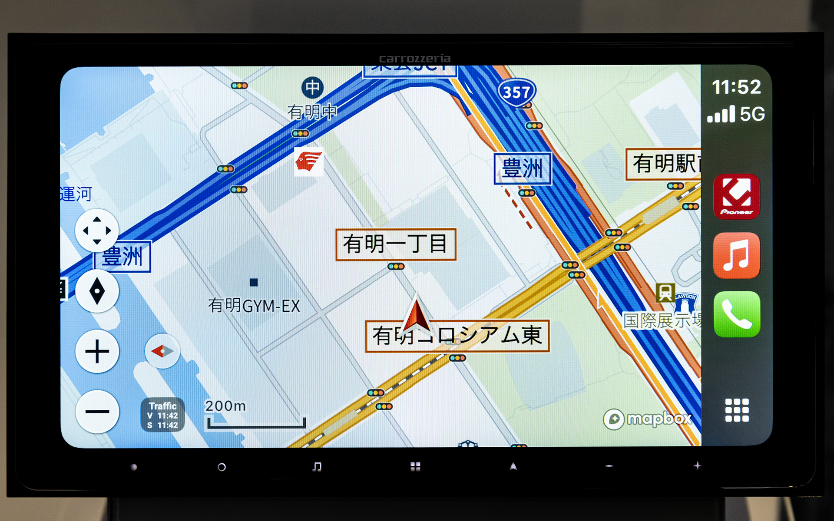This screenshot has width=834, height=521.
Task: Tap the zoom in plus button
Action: tap(97, 351)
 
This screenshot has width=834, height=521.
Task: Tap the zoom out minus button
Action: tap(97, 411)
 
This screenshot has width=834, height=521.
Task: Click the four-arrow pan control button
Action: tap(96, 231)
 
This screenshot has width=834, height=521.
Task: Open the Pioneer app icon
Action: tap(737, 197)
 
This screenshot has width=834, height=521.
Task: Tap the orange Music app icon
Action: tap(737, 255)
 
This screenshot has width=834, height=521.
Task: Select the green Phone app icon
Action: tap(737, 314)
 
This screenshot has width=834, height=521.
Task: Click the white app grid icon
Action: tap(737, 410)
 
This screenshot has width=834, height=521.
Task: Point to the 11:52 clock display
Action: tap(736, 87)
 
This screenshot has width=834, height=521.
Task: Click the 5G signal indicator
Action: tap(736, 114)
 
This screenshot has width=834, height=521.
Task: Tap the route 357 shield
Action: tap(516, 92)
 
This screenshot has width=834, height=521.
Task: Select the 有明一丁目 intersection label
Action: tap(396, 244)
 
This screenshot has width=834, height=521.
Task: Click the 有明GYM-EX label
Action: tap(254, 306)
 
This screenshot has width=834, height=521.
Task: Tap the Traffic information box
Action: tap(162, 415)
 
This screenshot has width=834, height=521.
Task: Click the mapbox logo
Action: tap(647, 419)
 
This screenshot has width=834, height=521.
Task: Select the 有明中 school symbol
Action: tap(312, 88)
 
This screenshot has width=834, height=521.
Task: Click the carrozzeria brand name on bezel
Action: tap(414, 59)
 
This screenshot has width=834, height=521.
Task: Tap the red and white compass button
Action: tap(162, 351)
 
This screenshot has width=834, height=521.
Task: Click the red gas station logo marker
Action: tap(308, 162)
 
